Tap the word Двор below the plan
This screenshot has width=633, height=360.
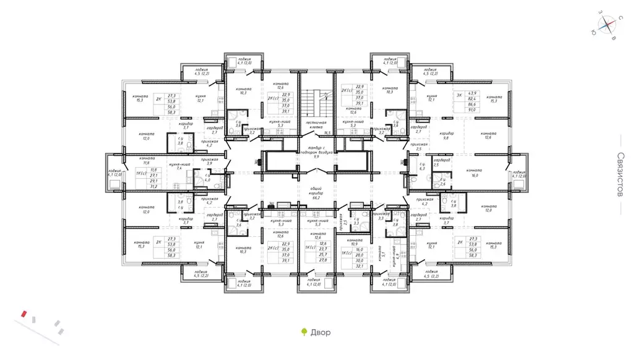pos(320,332)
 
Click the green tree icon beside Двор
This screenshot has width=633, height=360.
pos(303,332)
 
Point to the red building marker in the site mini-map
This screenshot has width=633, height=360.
pos(24,314)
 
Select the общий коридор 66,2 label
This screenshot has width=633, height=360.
pos(316,194)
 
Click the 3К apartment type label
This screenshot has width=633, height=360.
pos(459,96)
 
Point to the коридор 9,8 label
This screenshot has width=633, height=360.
pos(447,136)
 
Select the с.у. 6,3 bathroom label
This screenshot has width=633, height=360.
pos(422,166)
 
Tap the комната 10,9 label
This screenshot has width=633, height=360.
pos(355,242)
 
